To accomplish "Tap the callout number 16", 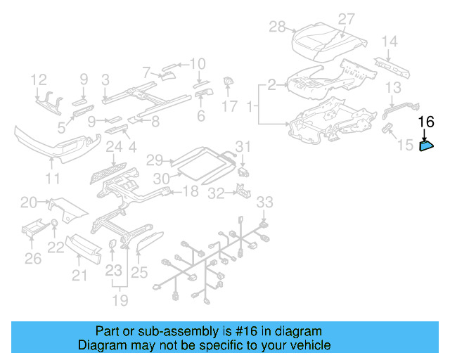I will pyautogui.click(x=427, y=122).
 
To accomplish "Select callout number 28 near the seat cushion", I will pyautogui.click(x=278, y=27).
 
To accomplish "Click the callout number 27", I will pyautogui.click(x=347, y=18).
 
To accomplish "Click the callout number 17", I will pyautogui.click(x=230, y=106).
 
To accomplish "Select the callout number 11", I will pyautogui.click(x=53, y=179).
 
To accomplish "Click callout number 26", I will pyautogui.click(x=32, y=259).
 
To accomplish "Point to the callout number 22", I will pyautogui.click(x=55, y=247).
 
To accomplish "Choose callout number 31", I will pyautogui.click(x=243, y=146).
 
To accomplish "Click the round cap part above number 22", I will pyautogui.click(x=54, y=225).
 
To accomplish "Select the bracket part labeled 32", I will pyautogui.click(x=241, y=190).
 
